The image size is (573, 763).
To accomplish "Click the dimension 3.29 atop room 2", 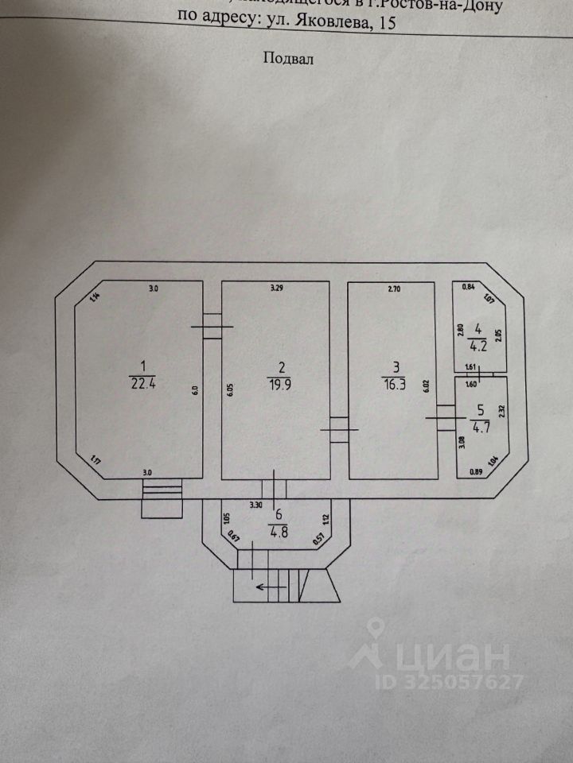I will [277, 289].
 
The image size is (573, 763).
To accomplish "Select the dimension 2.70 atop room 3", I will [394, 289].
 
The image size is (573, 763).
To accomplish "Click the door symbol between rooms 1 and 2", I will [211, 326].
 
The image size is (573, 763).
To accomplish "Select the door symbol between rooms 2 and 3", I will [339, 429].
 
